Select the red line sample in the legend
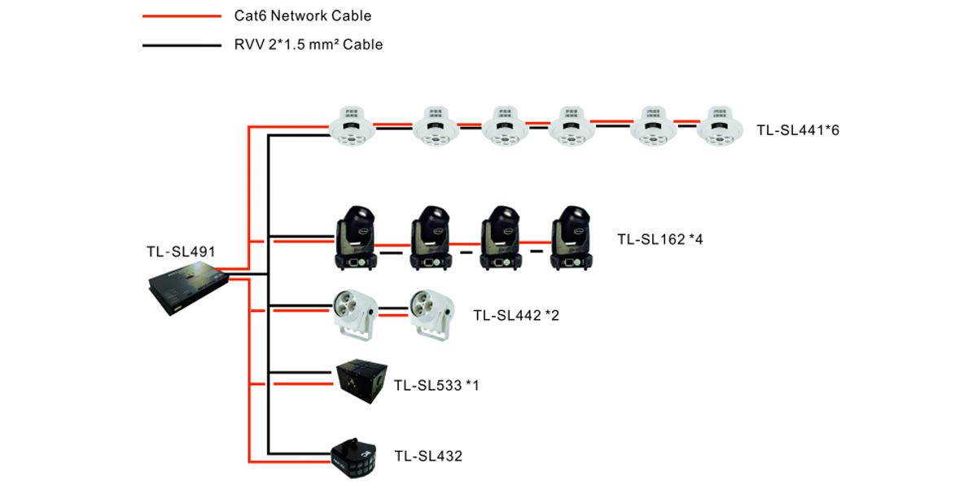tap(181, 16)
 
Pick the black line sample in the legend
tap(181, 45)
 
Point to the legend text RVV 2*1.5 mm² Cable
tap(303, 45)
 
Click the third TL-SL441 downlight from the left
tap(505, 127)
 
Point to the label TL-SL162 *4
tap(659, 239)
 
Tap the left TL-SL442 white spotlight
tap(356, 313)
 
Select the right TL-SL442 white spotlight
tap(431, 313)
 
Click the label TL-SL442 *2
tap(516, 315)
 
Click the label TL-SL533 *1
tap(436, 385)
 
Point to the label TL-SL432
tap(428, 457)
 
